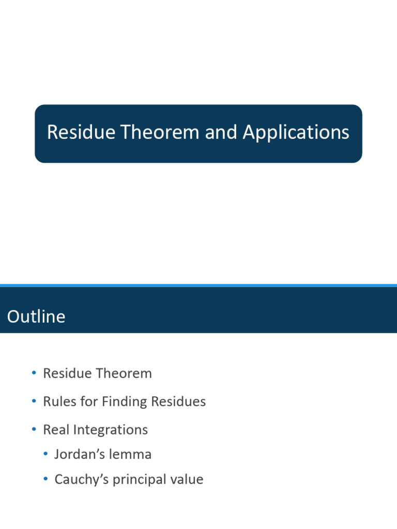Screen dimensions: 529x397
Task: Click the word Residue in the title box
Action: (81, 133)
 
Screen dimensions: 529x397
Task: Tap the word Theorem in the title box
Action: (160, 133)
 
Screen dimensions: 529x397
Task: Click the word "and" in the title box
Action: (221, 133)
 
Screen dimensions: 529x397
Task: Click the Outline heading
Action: (36, 316)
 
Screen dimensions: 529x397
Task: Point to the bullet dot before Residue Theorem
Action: (34, 373)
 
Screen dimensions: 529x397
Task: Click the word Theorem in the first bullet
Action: (127, 374)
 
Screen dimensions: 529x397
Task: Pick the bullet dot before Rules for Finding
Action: (34, 401)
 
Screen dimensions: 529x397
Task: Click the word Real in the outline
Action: (55, 430)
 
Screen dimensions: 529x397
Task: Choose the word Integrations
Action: (110, 430)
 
